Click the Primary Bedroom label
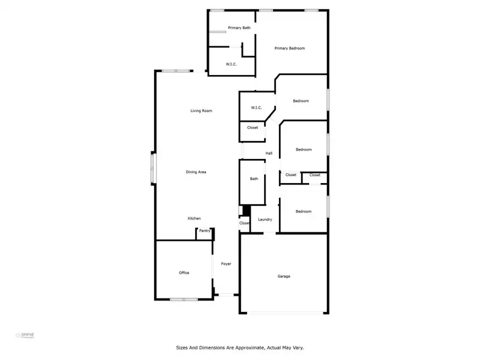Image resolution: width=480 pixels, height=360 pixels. click(290, 48)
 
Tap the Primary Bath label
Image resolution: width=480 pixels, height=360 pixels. click(239, 28)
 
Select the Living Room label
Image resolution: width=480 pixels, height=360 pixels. click(202, 110)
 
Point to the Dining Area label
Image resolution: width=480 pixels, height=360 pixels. click(196, 172)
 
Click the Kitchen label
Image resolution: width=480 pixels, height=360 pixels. click(194, 218)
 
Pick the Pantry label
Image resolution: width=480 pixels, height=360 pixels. click(205, 230)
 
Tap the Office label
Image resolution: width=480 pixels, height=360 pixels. click(184, 272)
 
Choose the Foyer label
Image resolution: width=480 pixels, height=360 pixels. click(226, 264)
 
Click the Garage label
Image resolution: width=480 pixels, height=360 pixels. click(284, 276)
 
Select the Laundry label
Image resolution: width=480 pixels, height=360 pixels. click(265, 220)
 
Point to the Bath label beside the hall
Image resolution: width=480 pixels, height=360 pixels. click(254, 178)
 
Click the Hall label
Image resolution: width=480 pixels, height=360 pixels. click(269, 154)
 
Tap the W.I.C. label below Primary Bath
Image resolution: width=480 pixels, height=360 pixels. click(232, 64)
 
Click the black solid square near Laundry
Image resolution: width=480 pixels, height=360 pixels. click(245, 211)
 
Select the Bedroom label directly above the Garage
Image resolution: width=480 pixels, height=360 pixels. click(304, 211)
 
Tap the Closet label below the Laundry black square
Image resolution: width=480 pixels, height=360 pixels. click(244, 223)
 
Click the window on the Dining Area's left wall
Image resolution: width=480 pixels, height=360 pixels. click(152, 168)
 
